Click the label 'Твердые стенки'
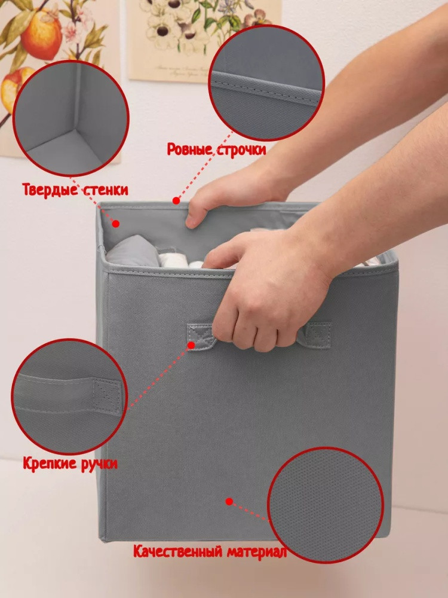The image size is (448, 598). (x=75, y=190)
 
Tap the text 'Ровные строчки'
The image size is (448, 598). (x=216, y=149)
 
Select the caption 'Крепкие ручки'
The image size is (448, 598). (x=70, y=464)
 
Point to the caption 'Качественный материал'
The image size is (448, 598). (x=210, y=551)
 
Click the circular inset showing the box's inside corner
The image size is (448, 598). (x=71, y=118)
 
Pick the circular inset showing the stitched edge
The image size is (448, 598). (x=266, y=83)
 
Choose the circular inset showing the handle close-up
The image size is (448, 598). (x=69, y=396)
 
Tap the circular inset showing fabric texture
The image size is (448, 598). (x=326, y=505)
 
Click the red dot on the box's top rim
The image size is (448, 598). (x=176, y=200)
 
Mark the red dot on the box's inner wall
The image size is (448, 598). (x=116, y=224)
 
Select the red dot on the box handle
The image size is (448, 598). (x=191, y=345)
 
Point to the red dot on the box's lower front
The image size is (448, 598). (x=229, y=502)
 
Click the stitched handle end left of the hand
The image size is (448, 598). (x=201, y=336)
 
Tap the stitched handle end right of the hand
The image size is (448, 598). (x=315, y=335)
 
